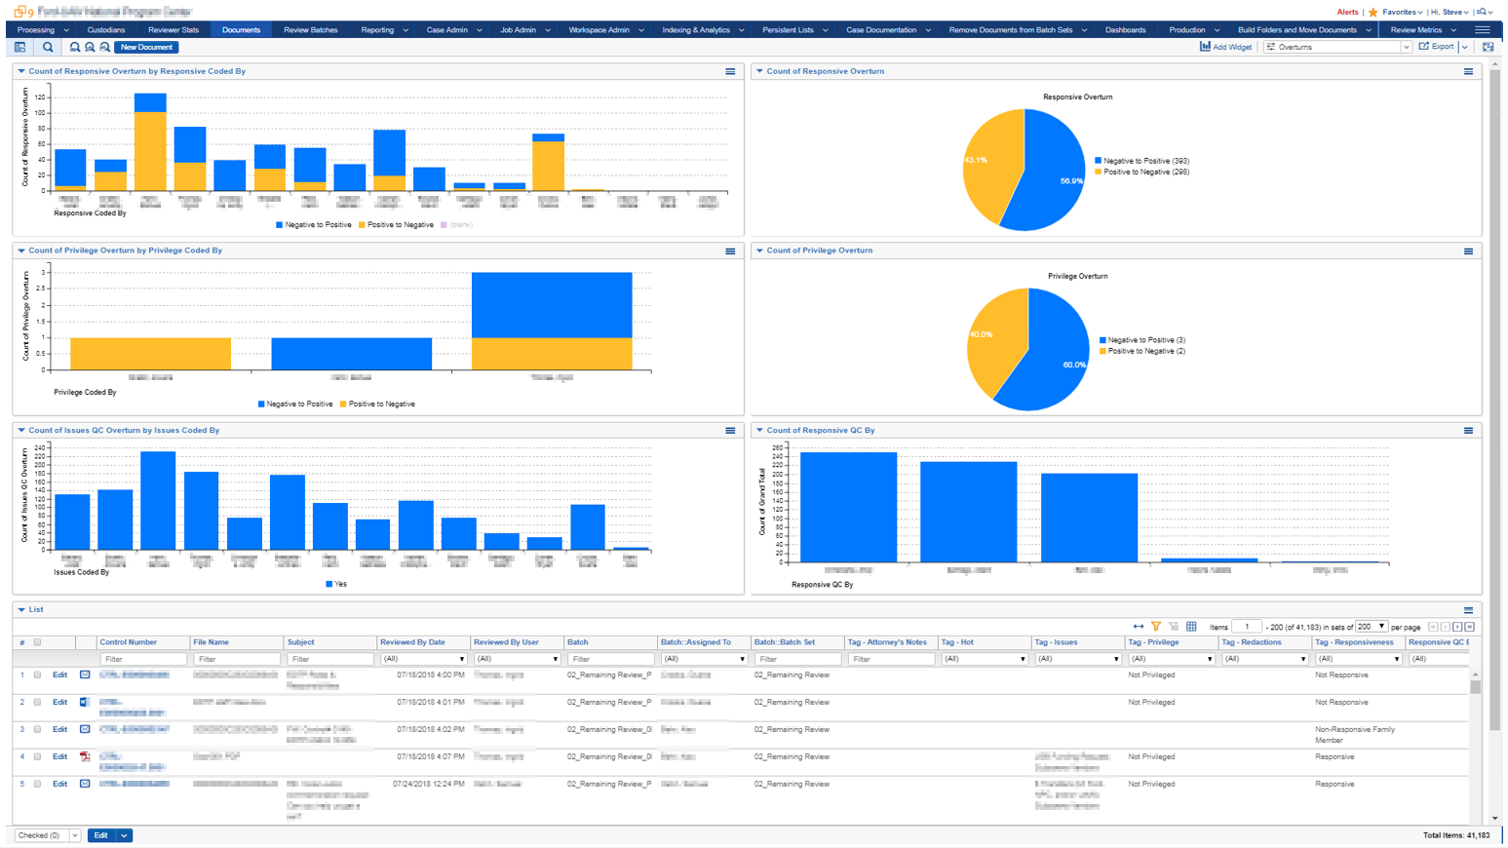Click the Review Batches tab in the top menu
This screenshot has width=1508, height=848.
[310, 30]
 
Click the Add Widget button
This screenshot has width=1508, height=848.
[1226, 47]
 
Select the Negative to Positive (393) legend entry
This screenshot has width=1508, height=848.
[1145, 161]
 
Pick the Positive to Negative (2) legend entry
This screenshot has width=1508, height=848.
[1145, 351]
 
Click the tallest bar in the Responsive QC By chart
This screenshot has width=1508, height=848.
[848, 507]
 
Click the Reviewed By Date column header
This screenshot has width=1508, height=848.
[412, 642]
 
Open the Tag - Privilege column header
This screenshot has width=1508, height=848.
[1153, 642]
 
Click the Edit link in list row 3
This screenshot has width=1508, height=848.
[59, 729]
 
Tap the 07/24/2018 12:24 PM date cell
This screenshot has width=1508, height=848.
[429, 784]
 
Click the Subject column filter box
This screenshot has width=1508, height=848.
[329, 659]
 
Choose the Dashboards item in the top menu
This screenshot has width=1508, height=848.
[1125, 30]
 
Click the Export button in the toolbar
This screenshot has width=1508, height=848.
[1437, 47]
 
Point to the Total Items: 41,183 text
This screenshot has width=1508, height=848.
[1456, 835]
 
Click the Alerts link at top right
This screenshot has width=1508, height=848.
[1347, 12]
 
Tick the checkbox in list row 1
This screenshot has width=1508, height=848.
[38, 675]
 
